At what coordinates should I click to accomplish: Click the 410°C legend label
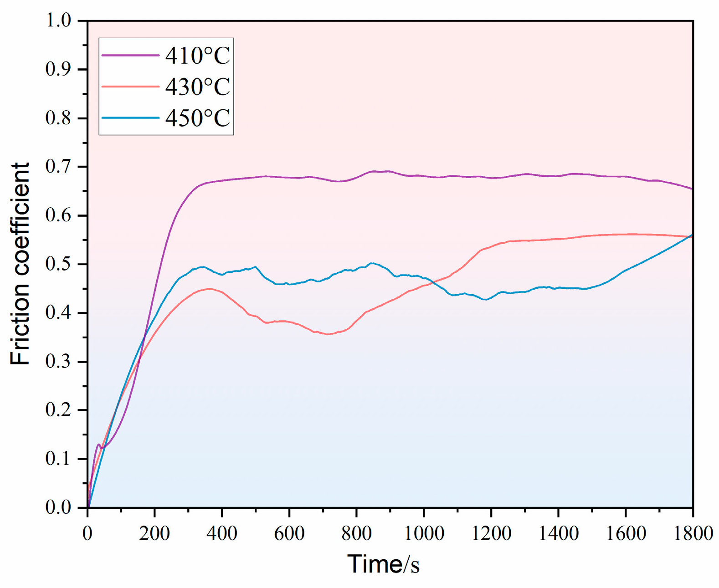pyautogui.click(x=197, y=56)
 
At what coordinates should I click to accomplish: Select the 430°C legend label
pyautogui.click(x=197, y=87)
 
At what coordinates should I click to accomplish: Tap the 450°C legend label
pyautogui.click(x=197, y=118)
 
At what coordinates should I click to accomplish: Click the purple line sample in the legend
pyautogui.click(x=130, y=55)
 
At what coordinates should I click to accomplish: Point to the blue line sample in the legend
pyautogui.click(x=130, y=118)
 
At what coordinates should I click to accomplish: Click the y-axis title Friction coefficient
pyautogui.click(x=20, y=264)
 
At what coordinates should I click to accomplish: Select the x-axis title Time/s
pyautogui.click(x=383, y=564)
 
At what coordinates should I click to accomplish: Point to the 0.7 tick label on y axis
pyautogui.click(x=58, y=167)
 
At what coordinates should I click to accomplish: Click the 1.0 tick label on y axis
pyautogui.click(x=58, y=20)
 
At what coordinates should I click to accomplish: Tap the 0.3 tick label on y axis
pyautogui.click(x=58, y=362)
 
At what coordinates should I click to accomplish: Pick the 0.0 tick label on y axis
pyautogui.click(x=58, y=507)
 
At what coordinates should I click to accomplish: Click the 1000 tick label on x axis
pyautogui.click(x=424, y=533)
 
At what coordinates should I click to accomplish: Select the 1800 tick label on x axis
pyautogui.click(x=693, y=533)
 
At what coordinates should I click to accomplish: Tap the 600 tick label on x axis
pyautogui.click(x=289, y=533)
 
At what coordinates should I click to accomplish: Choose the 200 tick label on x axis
pyautogui.click(x=155, y=533)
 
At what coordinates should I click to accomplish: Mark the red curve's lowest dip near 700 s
pyautogui.click(x=328, y=334)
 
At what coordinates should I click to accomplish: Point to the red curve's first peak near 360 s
pyautogui.click(x=209, y=289)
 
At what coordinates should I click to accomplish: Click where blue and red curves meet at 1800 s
pyautogui.click(x=692, y=236)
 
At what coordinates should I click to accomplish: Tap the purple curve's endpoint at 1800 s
pyautogui.click(x=692, y=189)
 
